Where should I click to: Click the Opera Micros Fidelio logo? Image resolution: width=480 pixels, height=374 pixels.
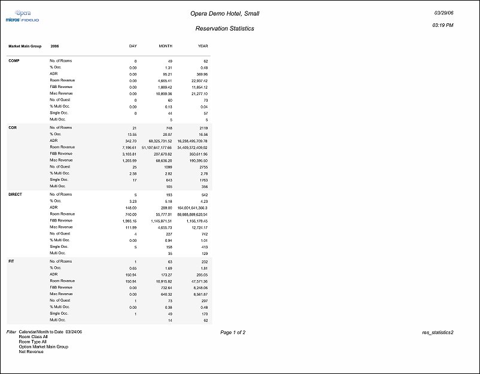pos(22,16)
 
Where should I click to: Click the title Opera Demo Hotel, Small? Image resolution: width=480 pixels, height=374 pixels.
pos(224,13)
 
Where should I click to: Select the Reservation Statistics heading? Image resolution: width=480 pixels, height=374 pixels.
pos(224,28)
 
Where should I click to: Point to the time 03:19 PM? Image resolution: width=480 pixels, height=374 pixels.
pos(442,26)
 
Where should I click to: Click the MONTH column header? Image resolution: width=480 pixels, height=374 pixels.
pos(165,46)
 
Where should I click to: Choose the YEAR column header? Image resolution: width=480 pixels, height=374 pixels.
pos(202,46)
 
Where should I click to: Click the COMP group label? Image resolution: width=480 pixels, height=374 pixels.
pos(13,61)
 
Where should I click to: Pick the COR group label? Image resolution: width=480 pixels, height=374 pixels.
pos(12,127)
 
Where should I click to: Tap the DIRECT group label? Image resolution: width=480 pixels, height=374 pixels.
pos(15,194)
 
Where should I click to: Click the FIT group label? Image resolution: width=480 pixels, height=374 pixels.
pos(11,262)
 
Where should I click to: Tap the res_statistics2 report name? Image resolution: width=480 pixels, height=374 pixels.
pos(438,332)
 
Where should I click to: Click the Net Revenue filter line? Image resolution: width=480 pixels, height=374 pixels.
pos(31,351)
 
